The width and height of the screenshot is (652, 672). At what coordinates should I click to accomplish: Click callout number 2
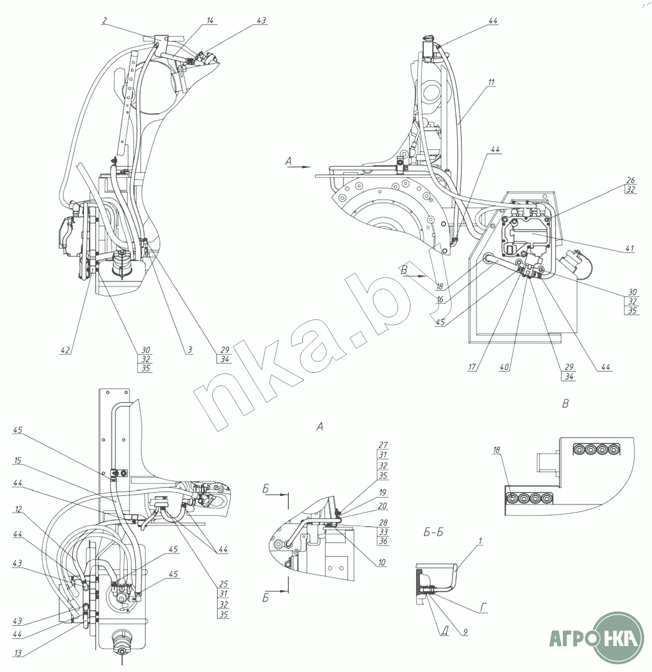104,21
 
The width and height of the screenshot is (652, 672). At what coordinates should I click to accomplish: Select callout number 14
210,21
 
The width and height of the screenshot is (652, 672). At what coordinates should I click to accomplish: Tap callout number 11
491,82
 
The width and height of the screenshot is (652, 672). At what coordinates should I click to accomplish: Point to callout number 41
629,249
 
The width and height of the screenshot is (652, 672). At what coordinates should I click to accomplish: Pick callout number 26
631,180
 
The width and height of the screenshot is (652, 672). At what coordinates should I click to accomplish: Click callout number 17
472,367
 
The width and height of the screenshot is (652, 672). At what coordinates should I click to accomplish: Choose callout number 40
504,367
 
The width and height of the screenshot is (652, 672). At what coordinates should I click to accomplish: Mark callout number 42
65,350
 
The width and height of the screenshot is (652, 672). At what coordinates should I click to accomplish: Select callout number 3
190,350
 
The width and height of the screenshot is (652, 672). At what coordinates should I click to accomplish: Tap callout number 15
18,460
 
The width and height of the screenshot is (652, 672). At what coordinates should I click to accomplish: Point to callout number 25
223,584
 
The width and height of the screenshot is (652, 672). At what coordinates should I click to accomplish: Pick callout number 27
383,445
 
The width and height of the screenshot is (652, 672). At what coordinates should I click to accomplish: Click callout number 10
382,562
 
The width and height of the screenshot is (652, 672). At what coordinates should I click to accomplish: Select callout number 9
465,632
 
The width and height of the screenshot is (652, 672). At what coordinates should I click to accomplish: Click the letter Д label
444,631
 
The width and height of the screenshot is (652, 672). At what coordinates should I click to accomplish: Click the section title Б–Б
433,532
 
